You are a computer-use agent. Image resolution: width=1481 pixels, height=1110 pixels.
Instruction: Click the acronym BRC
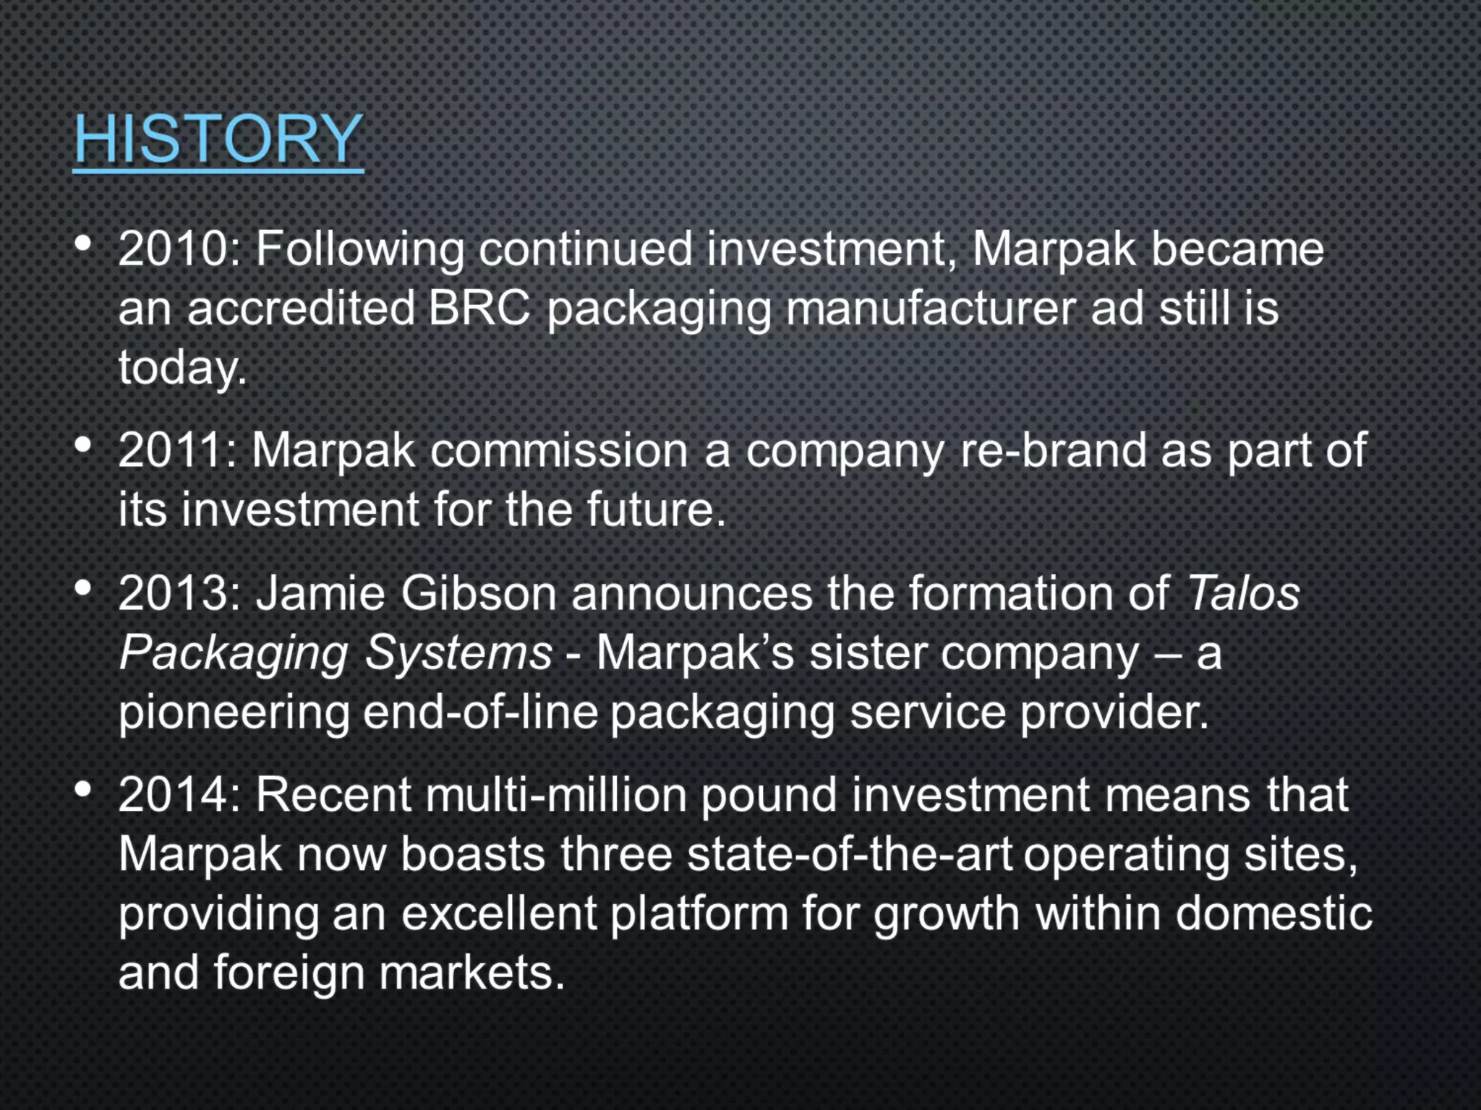click(479, 309)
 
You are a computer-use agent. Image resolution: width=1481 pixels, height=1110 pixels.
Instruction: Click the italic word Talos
click(1243, 593)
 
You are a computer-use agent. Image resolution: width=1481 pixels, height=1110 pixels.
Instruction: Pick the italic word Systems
click(458, 653)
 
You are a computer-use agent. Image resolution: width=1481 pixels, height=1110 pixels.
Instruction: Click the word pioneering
click(233, 713)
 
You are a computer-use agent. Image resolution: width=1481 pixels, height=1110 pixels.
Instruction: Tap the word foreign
click(289, 973)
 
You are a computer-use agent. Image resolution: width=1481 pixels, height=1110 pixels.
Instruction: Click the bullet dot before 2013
click(83, 588)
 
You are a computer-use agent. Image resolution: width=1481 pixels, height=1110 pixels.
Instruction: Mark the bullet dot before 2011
click(83, 445)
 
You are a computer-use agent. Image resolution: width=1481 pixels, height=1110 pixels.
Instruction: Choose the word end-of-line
click(480, 713)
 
